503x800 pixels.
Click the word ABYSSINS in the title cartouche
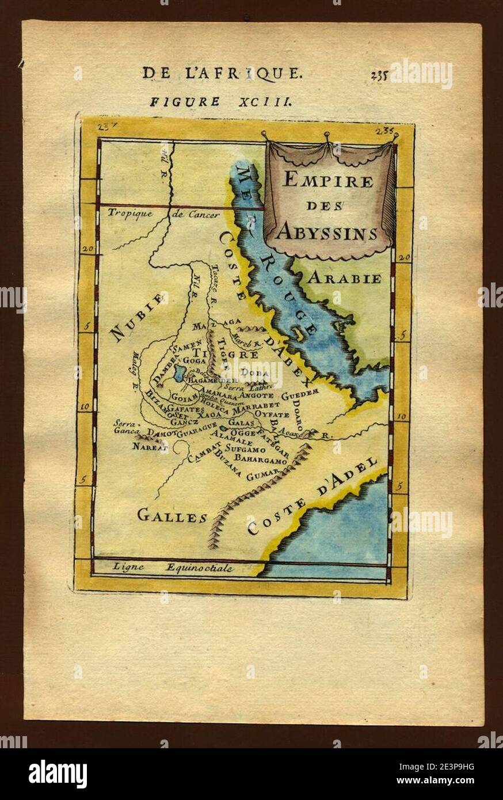[327, 232]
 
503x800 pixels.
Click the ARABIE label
[344, 279]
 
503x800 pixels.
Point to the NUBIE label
[139, 317]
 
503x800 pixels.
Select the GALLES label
[172, 516]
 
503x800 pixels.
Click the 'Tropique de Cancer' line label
[163, 215]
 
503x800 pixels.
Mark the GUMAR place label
[262, 474]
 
